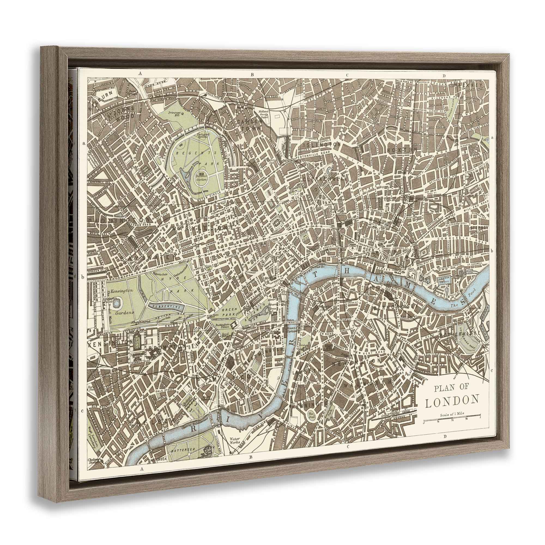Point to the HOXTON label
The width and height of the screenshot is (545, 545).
[402, 150]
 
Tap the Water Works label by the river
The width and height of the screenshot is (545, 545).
[234, 441]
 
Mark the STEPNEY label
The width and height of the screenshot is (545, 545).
[479, 227]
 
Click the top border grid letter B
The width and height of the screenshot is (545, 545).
[253, 75]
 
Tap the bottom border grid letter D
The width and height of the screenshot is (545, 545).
[445, 437]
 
